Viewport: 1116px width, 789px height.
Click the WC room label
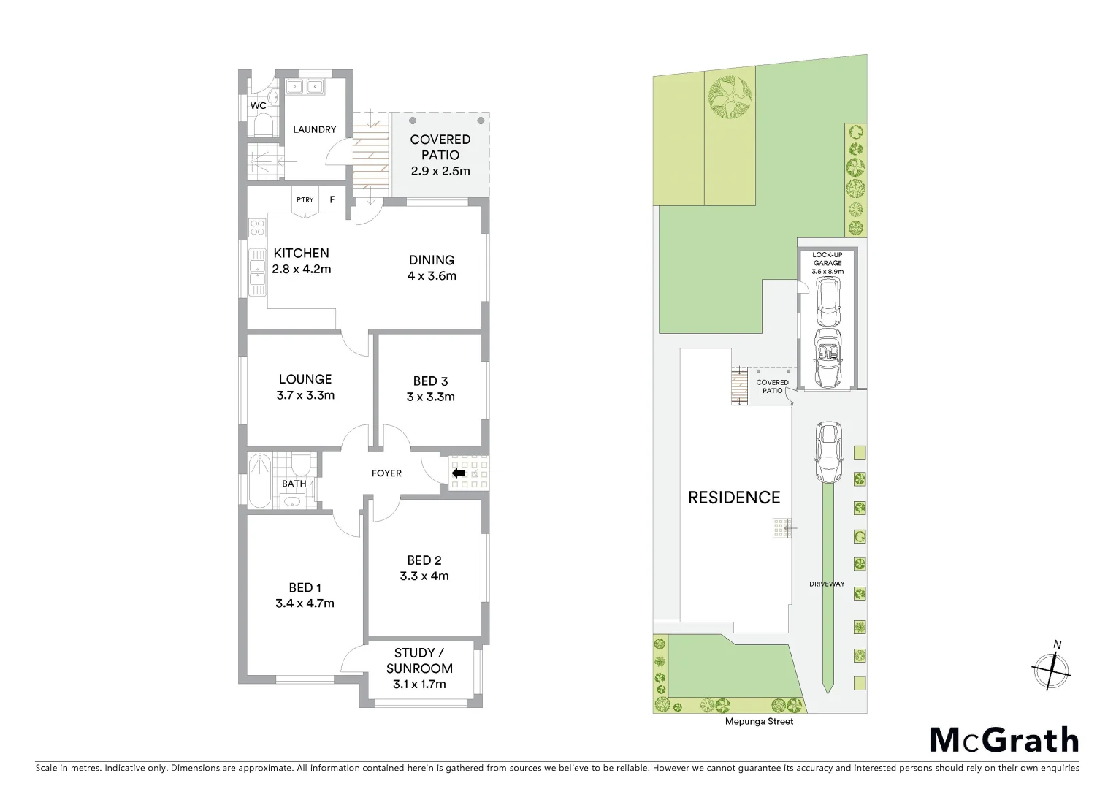258,106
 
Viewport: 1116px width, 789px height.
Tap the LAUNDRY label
314,129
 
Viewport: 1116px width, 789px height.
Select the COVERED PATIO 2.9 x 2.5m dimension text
440,172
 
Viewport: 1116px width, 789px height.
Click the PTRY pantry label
305,199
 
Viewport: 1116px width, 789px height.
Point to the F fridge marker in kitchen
332,199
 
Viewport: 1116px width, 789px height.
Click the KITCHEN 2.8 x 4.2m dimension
301,269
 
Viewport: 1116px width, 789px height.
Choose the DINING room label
431,260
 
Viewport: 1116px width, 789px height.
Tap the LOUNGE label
305,379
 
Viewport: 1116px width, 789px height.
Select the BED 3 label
430,381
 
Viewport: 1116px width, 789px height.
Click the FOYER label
386,473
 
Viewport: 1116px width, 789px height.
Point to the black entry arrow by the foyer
459,473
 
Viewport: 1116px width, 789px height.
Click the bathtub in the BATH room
259,481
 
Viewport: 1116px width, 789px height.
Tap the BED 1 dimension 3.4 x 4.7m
305,603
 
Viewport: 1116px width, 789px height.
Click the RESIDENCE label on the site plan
734,498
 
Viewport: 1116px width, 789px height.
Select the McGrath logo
1004,740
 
